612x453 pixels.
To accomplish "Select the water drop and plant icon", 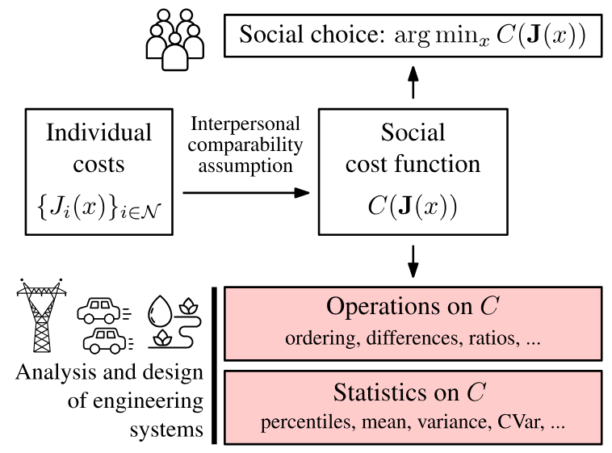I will (x=172, y=323).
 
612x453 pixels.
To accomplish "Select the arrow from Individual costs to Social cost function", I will (x=246, y=193).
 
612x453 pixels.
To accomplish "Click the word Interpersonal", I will (x=245, y=125).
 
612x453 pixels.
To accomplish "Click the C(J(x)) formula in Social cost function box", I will (x=413, y=205).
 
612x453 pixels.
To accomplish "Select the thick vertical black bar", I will (x=215, y=365).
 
